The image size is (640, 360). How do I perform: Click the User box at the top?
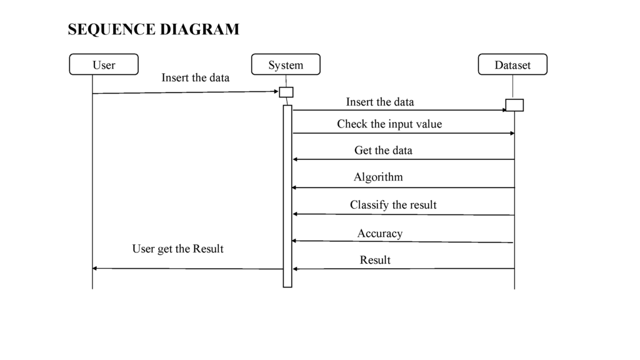point(104,64)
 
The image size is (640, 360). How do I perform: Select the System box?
point(286,64)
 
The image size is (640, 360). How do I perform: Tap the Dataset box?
point(512,64)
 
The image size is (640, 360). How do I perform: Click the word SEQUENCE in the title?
point(111,29)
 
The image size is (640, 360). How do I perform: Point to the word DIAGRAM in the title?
point(199,29)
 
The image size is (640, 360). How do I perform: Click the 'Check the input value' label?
point(389,124)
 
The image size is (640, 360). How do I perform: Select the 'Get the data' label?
point(383,151)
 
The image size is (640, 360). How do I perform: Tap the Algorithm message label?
point(378,177)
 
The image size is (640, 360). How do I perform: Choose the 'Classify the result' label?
point(393,205)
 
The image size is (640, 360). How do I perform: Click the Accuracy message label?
point(380,234)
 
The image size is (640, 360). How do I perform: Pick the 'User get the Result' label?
point(178,249)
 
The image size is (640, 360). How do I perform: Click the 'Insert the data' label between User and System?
point(196,78)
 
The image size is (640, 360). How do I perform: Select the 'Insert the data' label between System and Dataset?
point(380,102)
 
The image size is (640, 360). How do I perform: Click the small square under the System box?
point(286,92)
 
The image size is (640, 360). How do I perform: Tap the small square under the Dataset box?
point(515,105)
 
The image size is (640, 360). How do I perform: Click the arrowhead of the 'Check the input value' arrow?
point(512,134)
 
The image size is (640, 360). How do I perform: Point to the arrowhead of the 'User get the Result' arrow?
point(95,268)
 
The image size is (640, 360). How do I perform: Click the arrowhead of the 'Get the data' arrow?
point(295,159)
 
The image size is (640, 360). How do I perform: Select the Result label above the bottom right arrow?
point(375,260)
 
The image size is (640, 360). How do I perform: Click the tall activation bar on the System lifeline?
point(287,196)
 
